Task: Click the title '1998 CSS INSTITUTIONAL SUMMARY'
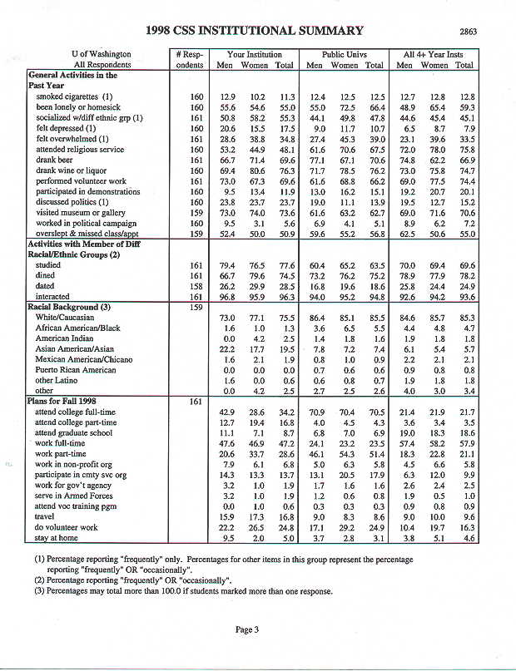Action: [x=254, y=31]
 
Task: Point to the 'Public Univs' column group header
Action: [x=345, y=53]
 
